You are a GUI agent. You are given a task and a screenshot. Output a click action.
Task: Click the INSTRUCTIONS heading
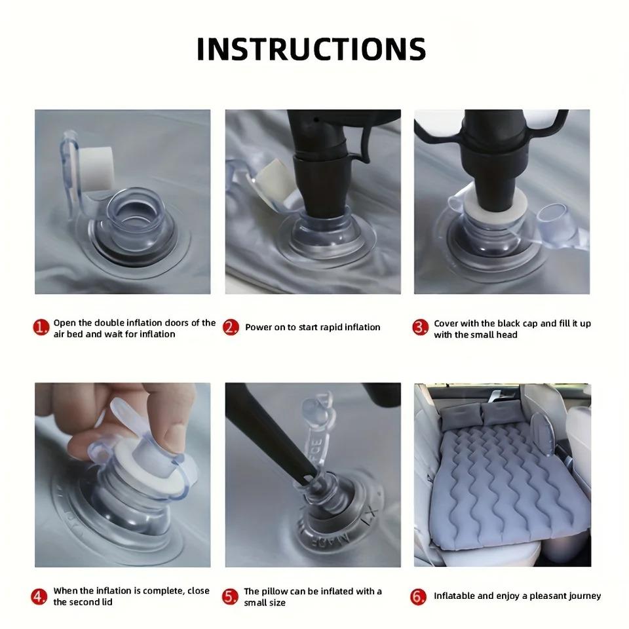pyautogui.click(x=311, y=49)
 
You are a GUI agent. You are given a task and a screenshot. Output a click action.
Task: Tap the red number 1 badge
pyautogui.click(x=41, y=328)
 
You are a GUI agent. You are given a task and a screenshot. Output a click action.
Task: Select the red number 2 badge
pyautogui.click(x=231, y=328)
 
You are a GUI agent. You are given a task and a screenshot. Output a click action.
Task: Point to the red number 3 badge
pyautogui.click(x=421, y=328)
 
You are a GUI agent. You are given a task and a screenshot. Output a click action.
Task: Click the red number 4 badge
pyautogui.click(x=39, y=596)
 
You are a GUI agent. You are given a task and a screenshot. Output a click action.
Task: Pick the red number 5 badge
pyautogui.click(x=230, y=597)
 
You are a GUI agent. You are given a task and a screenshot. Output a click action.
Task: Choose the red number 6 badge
pyautogui.click(x=418, y=597)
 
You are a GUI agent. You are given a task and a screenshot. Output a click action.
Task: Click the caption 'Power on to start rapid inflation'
pyautogui.click(x=313, y=328)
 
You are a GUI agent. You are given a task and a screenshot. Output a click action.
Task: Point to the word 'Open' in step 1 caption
pyautogui.click(x=65, y=323)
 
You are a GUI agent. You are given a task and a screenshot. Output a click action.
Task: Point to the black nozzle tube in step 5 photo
pyautogui.click(x=273, y=433)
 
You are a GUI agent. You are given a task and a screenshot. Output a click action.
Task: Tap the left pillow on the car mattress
pyautogui.click(x=460, y=415)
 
